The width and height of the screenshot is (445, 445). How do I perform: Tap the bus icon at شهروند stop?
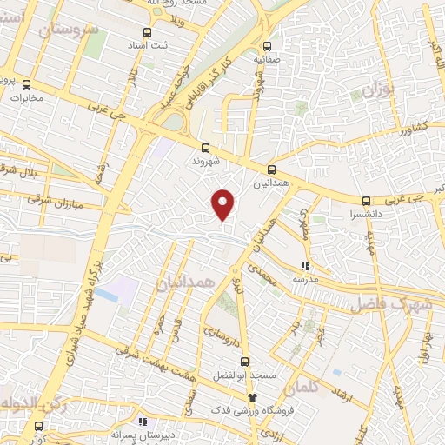pos(206,148)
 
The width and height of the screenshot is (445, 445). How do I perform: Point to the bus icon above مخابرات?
pos(27,85)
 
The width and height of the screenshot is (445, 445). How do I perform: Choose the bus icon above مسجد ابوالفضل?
pos(244,362)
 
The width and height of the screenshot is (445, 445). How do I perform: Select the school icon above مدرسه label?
pos(304,266)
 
